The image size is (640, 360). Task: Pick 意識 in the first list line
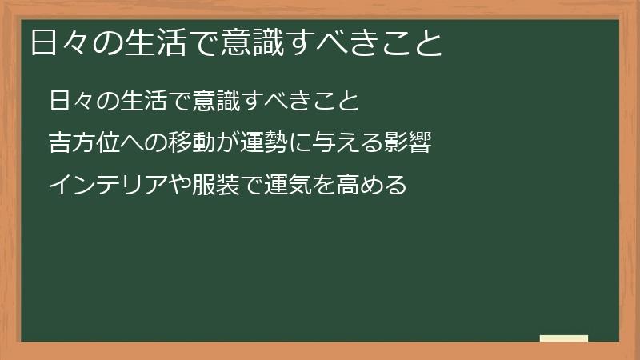[x=209, y=102]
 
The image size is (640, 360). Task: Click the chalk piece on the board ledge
[x=563, y=338]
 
